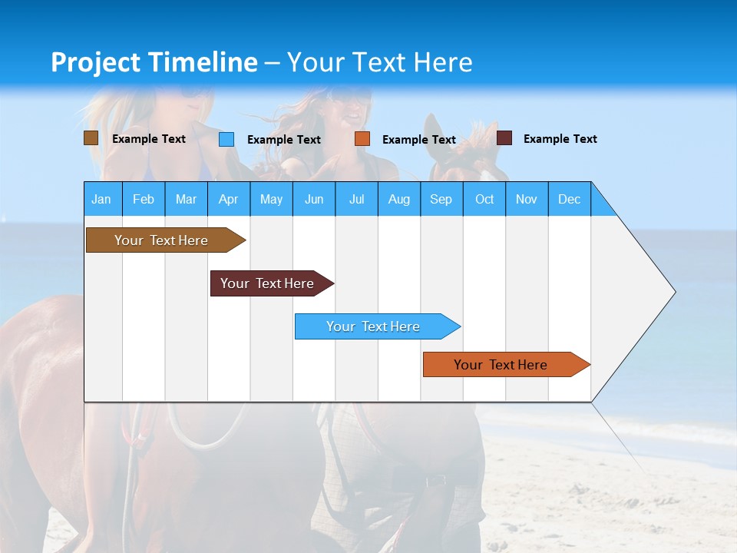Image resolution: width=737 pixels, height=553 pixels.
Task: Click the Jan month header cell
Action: [102, 199]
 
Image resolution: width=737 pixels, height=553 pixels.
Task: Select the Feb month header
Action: [144, 199]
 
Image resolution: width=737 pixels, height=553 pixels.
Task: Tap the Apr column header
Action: [229, 199]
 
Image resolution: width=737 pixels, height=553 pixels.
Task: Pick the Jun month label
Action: [314, 199]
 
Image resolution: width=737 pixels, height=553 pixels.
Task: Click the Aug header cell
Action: [399, 199]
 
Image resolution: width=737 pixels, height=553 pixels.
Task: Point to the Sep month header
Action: [441, 199]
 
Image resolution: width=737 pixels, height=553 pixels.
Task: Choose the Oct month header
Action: [484, 199]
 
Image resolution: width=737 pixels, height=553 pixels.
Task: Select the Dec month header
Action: [570, 199]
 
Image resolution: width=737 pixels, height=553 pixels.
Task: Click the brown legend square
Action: [91, 138]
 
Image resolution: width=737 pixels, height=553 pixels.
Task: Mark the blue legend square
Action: [226, 139]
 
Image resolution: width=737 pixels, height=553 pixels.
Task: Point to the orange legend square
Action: [362, 139]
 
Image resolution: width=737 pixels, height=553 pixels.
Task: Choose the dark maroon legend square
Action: [504, 138]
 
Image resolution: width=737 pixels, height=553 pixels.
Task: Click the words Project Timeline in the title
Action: [154, 62]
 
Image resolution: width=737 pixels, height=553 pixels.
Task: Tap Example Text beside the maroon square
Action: [560, 139]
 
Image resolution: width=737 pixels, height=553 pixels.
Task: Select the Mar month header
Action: [186, 199]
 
